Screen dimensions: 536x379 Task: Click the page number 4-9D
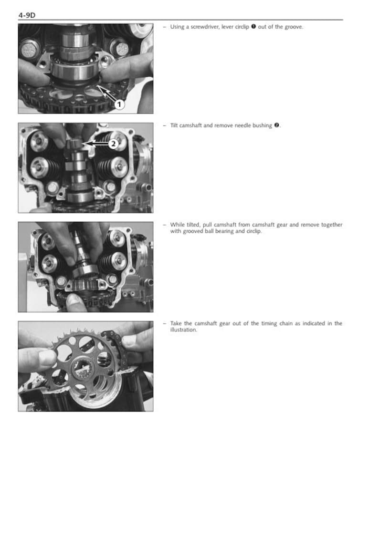27,16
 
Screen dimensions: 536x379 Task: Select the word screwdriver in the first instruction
204,27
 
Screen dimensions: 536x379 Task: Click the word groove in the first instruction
293,27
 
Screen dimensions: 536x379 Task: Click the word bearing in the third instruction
227,231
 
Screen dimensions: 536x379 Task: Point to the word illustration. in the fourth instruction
184,330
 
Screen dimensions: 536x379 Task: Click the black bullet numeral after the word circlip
253,27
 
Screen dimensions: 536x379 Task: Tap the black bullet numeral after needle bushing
276,125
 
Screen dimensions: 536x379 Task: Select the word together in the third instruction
331,225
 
